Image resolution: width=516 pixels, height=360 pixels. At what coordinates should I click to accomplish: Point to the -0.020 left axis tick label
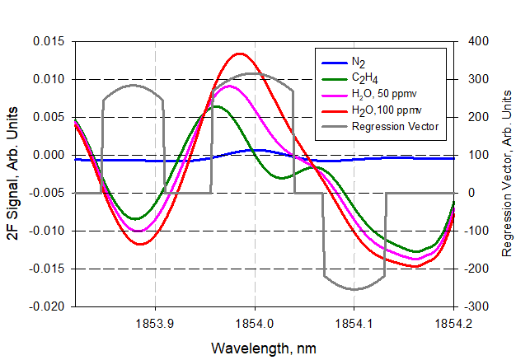47,306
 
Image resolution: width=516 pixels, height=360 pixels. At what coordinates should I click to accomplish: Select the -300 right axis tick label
479,306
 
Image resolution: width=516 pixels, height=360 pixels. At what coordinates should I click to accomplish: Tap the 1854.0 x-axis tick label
255,325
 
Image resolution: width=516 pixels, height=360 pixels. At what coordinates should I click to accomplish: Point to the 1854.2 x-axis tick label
453,325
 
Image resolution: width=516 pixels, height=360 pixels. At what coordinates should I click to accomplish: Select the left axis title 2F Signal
14,174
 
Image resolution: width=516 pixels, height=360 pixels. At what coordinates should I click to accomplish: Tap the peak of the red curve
239,54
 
